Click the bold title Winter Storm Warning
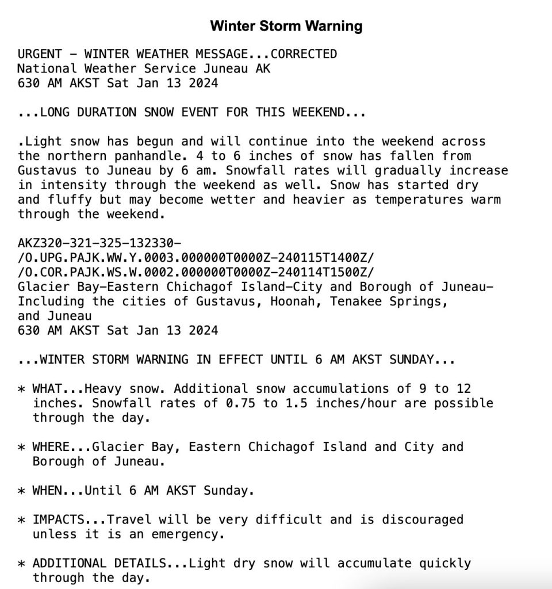pos(286,26)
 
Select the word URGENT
pos(40,54)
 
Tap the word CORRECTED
pos(304,54)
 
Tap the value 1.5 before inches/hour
pos(296,403)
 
